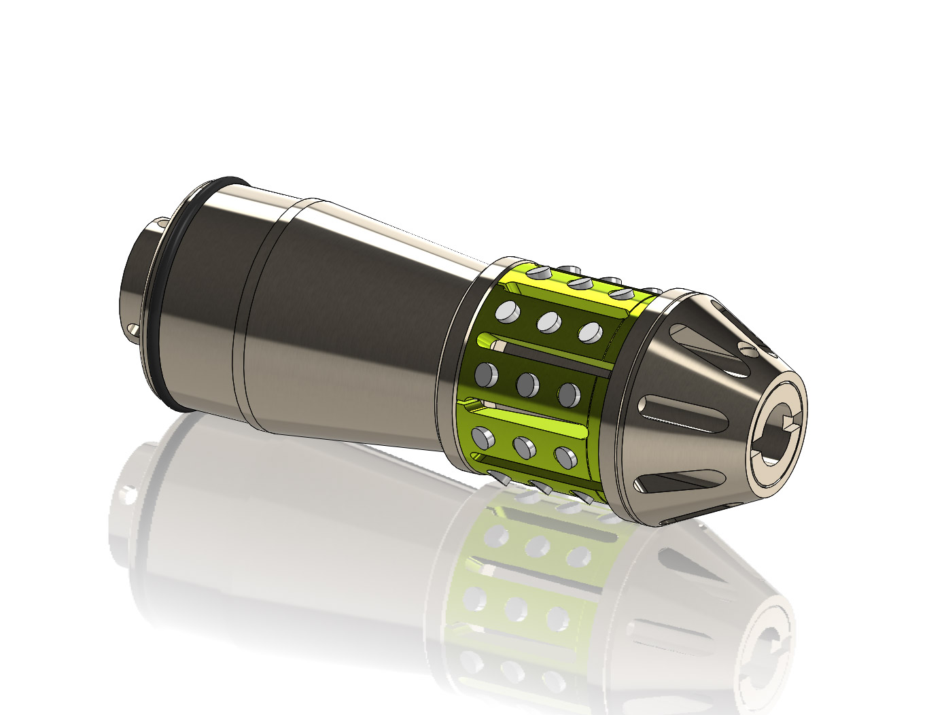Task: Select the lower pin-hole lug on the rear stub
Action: [x=133, y=332]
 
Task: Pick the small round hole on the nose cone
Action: [x=748, y=350]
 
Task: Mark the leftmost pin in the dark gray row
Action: [x=487, y=373]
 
